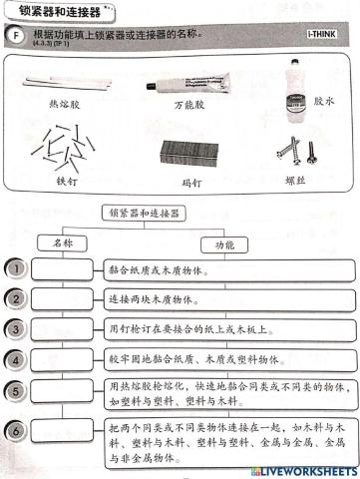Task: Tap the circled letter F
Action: pos(13,38)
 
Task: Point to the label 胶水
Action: pos(325,101)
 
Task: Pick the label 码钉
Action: pos(183,183)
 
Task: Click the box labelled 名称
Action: pos(62,243)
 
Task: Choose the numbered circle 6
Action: pos(15,430)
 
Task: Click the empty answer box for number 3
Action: pos(63,327)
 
